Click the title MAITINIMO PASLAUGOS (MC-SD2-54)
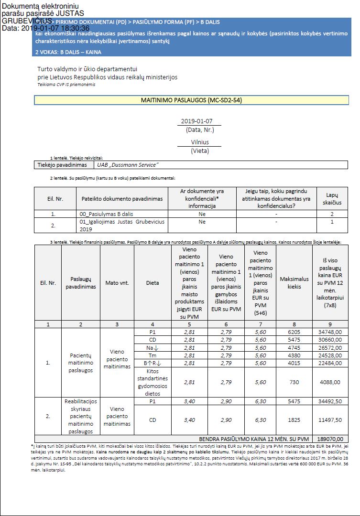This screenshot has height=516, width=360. pos(191,100)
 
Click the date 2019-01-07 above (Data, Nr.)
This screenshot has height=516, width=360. pos(196,121)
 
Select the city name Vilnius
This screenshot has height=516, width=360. pos(200,142)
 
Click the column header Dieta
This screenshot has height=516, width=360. pos(153,283)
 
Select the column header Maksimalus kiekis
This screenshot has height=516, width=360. pos(295,283)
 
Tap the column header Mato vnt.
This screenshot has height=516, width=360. pos(117,283)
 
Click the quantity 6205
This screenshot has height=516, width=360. pos(295,332)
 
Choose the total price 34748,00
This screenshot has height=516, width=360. pos(330,332)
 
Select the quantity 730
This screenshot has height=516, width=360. pos(295,382)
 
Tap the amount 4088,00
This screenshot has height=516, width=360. pos(330,382)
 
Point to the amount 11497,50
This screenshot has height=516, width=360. pos(330,420)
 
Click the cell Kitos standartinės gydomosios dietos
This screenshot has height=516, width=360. pos(153,382)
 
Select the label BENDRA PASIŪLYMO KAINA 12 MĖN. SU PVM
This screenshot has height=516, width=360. pos(254,439)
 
